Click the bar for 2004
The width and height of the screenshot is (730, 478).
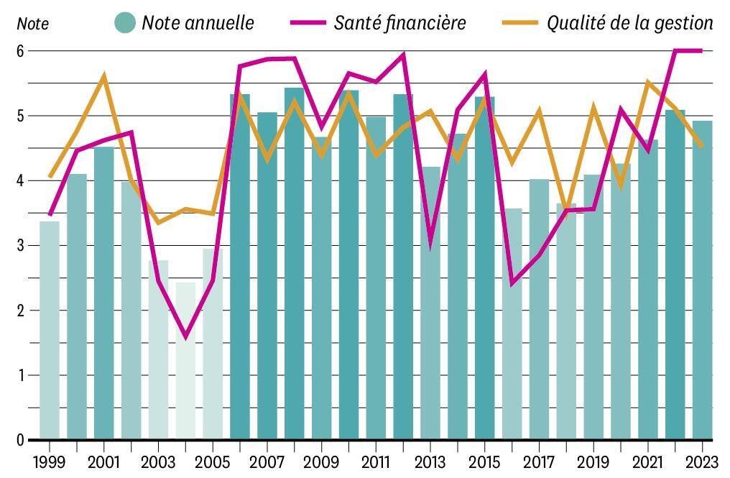pos(186,361)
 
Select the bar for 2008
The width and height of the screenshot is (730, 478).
pos(295,263)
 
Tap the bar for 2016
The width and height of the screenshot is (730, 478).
pos(512,323)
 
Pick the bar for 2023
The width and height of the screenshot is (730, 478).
pos(703,280)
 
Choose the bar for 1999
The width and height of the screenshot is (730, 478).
pos(50,330)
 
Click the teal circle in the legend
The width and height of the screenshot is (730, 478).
pos(125,22)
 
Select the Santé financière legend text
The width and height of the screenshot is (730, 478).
pos(400,23)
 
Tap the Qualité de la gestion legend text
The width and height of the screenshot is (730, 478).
pos(630,23)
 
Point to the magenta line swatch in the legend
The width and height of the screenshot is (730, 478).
pos(308,22)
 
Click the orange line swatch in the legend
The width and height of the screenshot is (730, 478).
pos(520,22)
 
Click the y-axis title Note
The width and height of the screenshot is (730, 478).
pos(32,24)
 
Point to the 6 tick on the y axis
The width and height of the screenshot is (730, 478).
pos(20,51)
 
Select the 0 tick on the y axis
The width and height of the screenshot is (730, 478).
pos(20,440)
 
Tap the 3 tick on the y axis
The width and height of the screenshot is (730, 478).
pos(20,246)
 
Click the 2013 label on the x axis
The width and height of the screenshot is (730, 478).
pos(430,462)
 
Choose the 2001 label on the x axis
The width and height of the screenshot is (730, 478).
pos(103,462)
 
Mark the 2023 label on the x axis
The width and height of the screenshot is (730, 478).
pos(703,462)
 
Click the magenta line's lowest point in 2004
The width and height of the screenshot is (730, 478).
pos(186,337)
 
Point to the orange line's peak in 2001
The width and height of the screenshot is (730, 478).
pos(103,75)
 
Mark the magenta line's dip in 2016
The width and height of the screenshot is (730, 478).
pos(512,284)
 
